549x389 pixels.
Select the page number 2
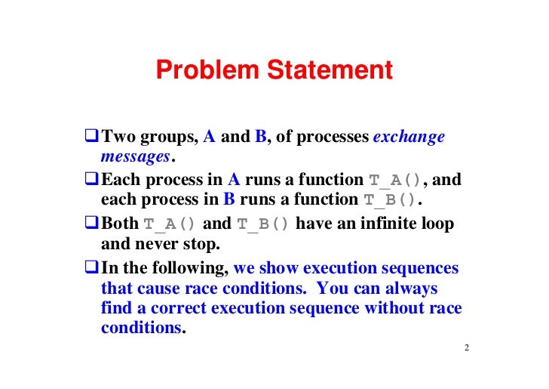pos(467,348)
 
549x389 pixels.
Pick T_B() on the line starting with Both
pos(263,224)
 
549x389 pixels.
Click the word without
pos(404,308)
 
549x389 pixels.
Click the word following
pos(190,268)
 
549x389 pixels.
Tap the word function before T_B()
pos(324,201)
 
